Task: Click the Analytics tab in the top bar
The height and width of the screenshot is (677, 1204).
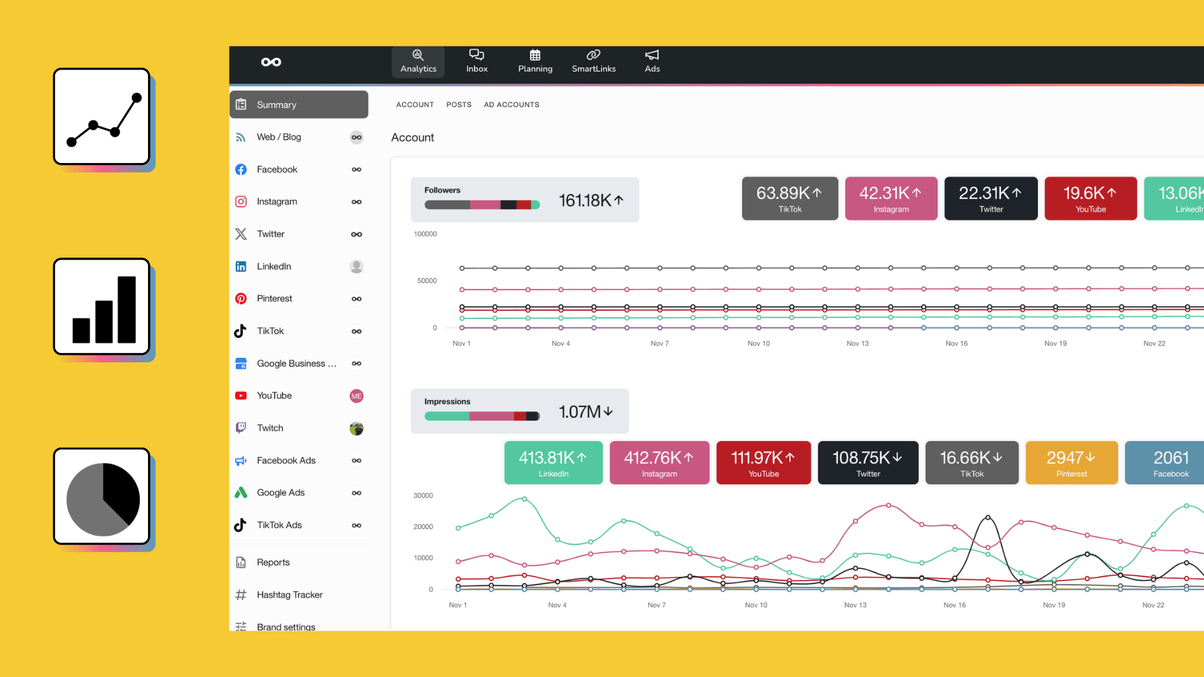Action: (x=418, y=61)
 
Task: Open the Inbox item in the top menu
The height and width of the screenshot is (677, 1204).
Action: (x=477, y=61)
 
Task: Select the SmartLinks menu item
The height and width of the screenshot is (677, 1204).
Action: (x=593, y=61)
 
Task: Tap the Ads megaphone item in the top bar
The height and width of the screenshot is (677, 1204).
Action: (x=652, y=61)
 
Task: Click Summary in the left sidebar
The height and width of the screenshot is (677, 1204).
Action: (x=299, y=105)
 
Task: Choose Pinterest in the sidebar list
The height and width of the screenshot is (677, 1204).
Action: (x=275, y=298)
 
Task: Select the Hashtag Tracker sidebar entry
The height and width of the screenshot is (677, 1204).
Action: (x=289, y=594)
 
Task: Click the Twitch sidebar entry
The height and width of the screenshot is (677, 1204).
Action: (x=270, y=428)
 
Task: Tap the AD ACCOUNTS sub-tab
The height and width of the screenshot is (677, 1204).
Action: (x=511, y=105)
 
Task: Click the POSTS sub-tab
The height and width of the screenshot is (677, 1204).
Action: (x=458, y=105)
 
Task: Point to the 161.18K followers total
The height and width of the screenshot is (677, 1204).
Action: (x=590, y=201)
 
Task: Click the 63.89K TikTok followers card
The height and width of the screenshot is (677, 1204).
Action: (x=789, y=199)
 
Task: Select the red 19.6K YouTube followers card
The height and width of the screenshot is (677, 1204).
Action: (x=1090, y=199)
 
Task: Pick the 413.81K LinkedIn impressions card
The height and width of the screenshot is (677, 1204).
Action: (x=553, y=463)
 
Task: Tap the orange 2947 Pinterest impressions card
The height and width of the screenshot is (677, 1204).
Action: (x=1071, y=463)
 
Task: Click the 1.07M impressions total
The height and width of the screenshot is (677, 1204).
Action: (x=585, y=412)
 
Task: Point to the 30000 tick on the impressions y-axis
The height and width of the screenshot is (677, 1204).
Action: (x=423, y=495)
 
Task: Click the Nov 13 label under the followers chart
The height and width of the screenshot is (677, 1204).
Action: (x=857, y=344)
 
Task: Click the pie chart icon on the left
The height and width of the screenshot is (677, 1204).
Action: (x=102, y=496)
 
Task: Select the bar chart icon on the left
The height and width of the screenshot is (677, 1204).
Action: (x=102, y=307)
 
